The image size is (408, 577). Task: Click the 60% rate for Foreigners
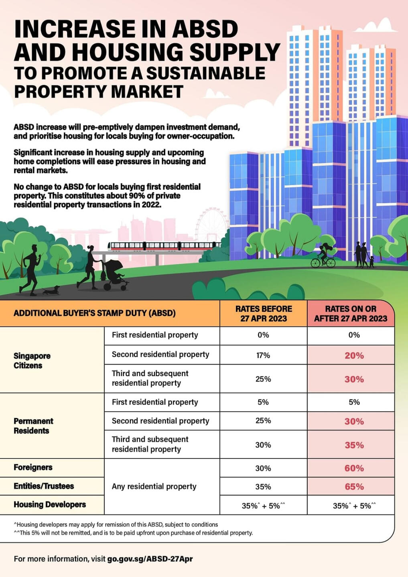click(354, 468)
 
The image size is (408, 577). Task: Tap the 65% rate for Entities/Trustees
click(354, 487)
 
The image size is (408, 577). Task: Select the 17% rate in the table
click(263, 355)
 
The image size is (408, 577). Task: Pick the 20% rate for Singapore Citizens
click(354, 356)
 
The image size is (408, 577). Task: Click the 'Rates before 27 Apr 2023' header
click(264, 314)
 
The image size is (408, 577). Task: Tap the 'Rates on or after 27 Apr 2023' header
click(351, 314)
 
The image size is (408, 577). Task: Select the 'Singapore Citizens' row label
click(32, 361)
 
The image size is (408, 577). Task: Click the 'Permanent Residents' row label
click(33, 426)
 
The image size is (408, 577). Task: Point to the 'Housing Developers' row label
click(50, 504)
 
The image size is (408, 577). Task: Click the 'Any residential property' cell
click(154, 487)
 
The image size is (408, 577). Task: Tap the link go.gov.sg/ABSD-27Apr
click(150, 559)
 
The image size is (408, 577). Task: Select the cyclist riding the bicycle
click(323, 257)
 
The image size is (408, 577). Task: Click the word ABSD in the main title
click(205, 29)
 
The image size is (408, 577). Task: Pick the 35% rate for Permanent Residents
click(354, 445)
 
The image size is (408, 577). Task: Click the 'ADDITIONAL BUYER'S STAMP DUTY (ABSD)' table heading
click(95, 313)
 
